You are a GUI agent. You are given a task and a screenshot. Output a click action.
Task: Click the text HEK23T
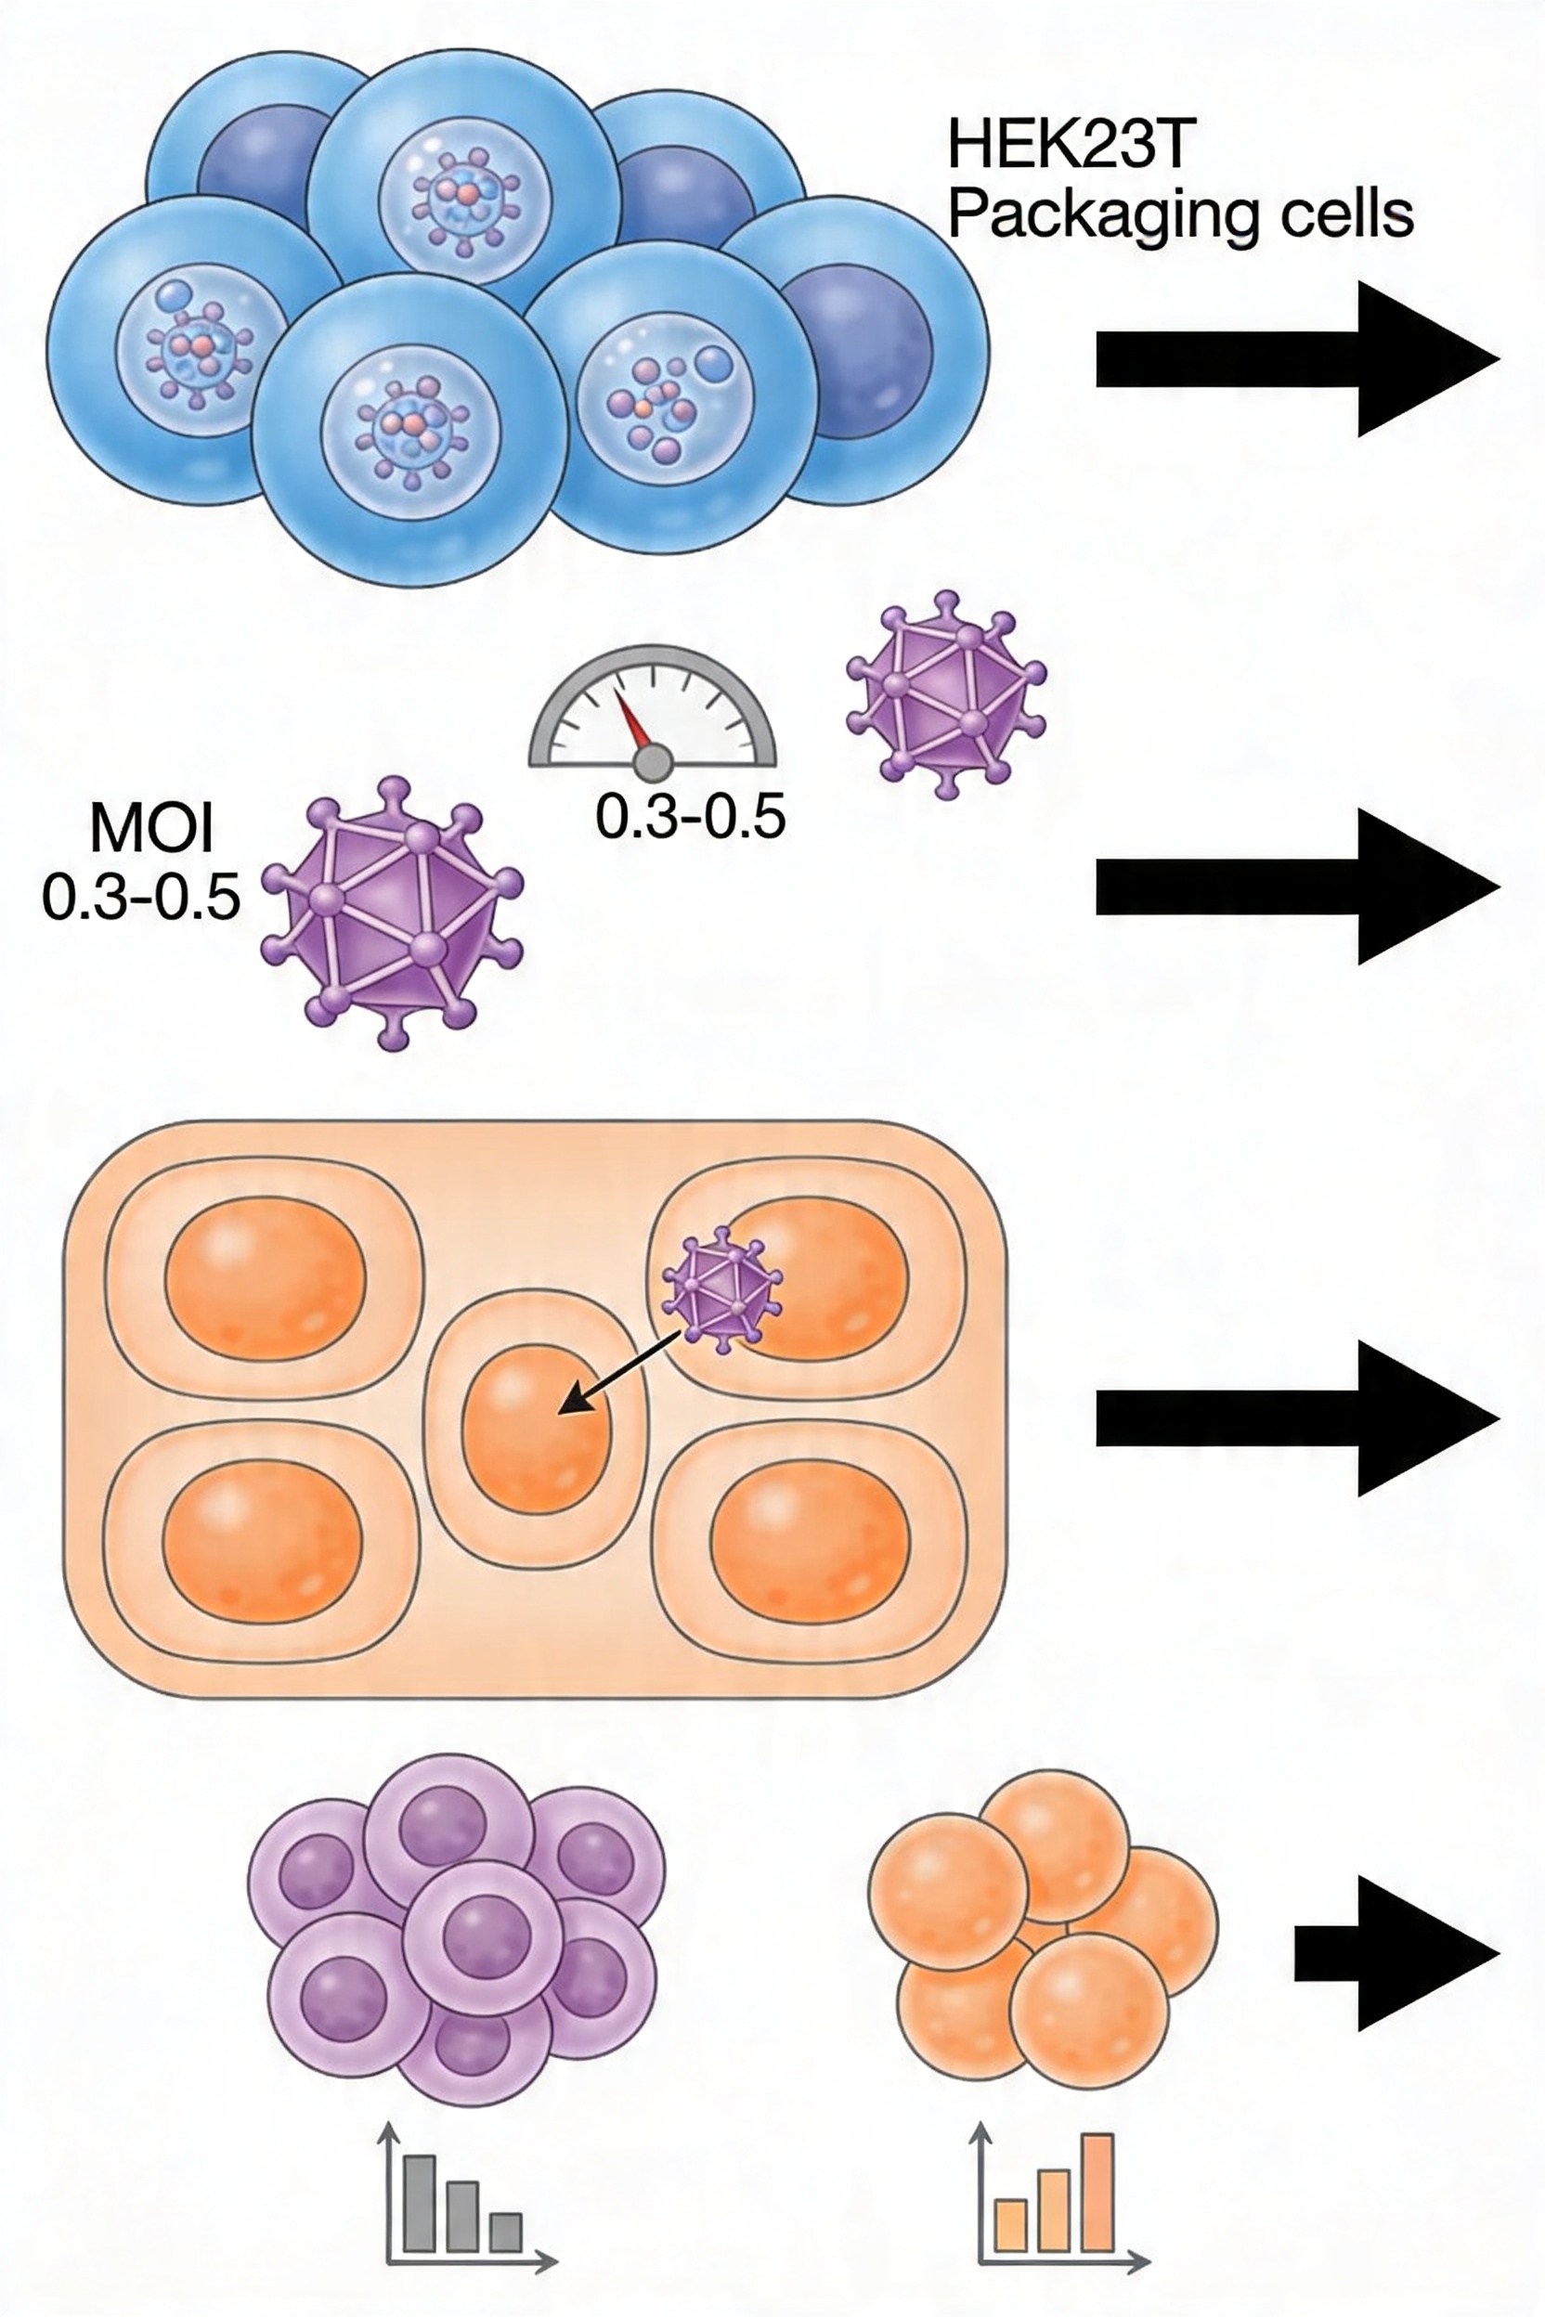click(1071, 145)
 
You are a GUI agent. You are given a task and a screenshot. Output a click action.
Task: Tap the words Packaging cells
click(1180, 214)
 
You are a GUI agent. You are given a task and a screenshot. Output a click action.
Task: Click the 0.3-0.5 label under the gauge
click(691, 817)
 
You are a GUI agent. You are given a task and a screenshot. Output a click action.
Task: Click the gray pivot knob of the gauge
click(653, 761)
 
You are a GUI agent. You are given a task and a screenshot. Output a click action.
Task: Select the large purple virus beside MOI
click(392, 912)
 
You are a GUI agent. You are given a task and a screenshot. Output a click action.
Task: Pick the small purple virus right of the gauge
click(946, 694)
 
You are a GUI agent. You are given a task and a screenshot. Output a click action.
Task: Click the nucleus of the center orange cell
click(536, 1428)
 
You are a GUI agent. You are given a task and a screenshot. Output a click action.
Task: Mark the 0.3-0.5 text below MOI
click(141, 897)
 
